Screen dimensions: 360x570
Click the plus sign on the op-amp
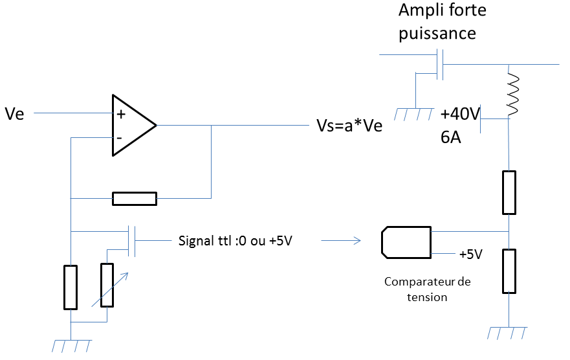coord(120,114)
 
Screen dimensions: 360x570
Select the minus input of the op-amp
coord(120,137)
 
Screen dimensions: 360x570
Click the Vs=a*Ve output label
coord(349,126)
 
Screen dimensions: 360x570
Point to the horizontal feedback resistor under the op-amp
coord(135,198)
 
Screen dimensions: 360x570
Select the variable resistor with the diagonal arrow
coord(107,285)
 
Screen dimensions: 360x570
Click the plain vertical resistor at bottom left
coord(71,287)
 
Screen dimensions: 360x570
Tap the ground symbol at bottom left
coord(70,345)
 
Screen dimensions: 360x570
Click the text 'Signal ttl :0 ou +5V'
coord(239,242)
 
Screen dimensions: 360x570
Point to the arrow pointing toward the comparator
coord(341,242)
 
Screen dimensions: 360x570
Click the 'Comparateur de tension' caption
coord(428,289)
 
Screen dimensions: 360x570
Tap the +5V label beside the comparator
coord(470,254)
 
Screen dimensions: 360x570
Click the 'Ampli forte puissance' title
coord(442,21)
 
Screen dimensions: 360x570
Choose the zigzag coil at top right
coord(513,95)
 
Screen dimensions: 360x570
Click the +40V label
coord(459,115)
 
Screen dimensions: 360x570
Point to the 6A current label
coord(450,138)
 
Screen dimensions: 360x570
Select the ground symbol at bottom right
coord(509,333)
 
